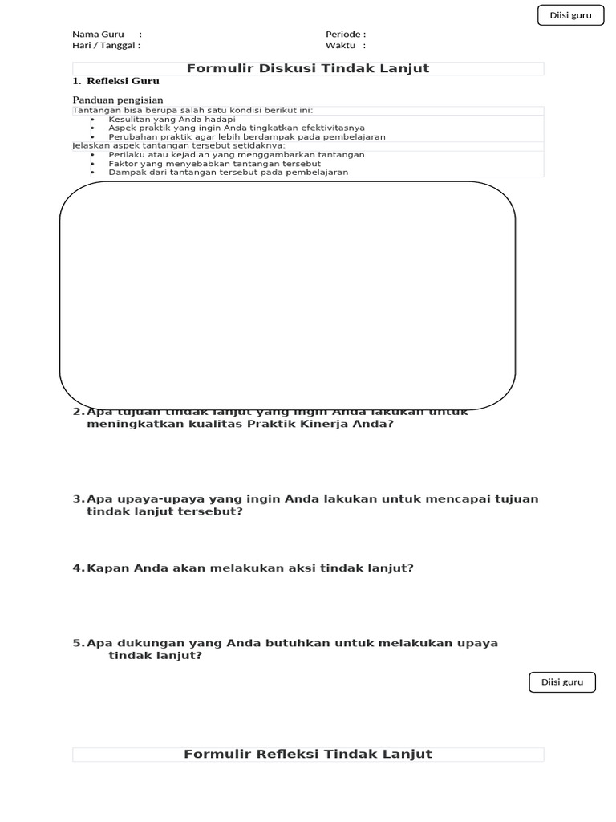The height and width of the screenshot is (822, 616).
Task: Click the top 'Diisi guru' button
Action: [570, 15]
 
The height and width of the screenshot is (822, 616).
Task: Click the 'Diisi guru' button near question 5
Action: [562, 682]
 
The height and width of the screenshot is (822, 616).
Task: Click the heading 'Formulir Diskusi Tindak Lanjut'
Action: [308, 68]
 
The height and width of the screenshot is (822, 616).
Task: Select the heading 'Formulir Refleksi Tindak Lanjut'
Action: [308, 754]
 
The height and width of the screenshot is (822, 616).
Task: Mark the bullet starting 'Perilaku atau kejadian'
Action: [236, 154]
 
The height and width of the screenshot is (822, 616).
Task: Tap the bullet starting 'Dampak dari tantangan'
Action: [228, 172]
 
